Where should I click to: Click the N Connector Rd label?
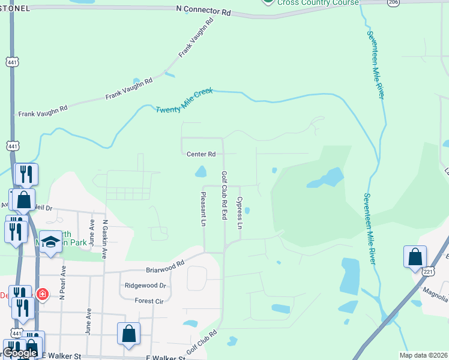click(x=204, y=11)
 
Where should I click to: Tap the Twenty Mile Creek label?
click(x=184, y=102)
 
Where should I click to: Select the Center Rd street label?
click(x=200, y=154)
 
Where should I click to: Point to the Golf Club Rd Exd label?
click(x=224, y=195)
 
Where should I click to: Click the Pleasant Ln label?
click(x=203, y=209)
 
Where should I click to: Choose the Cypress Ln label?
click(x=240, y=213)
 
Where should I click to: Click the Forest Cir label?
click(x=149, y=301)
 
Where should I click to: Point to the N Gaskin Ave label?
click(x=105, y=238)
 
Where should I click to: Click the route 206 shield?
click(x=393, y=2)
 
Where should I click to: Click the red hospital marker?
click(x=42, y=294)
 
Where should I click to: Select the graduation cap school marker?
click(x=50, y=242)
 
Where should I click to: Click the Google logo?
click(x=20, y=353)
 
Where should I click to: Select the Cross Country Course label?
click(x=319, y=2)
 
